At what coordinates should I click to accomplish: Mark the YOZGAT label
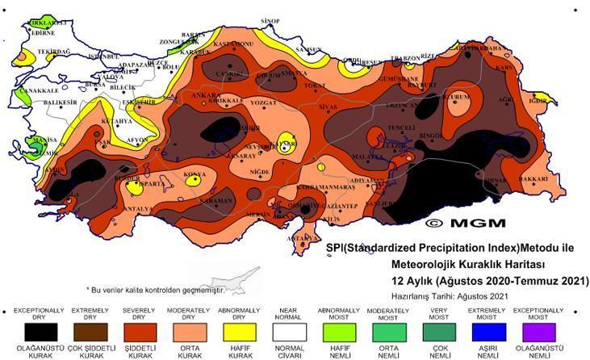tap(262, 103)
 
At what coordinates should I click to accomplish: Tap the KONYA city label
tap(194, 174)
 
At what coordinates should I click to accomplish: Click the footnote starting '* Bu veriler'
tap(154, 289)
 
